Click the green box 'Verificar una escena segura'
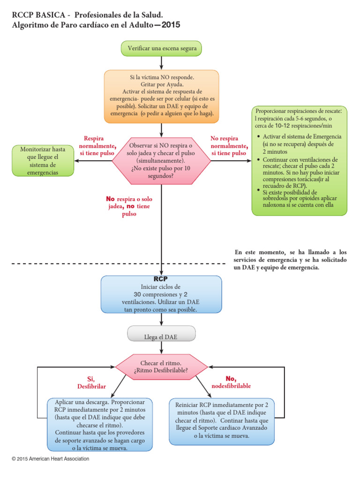(161, 48)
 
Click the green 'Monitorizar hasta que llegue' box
(43, 161)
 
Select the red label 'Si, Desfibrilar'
(91, 382)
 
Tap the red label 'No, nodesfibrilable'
(231, 382)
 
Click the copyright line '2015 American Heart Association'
(50, 459)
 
